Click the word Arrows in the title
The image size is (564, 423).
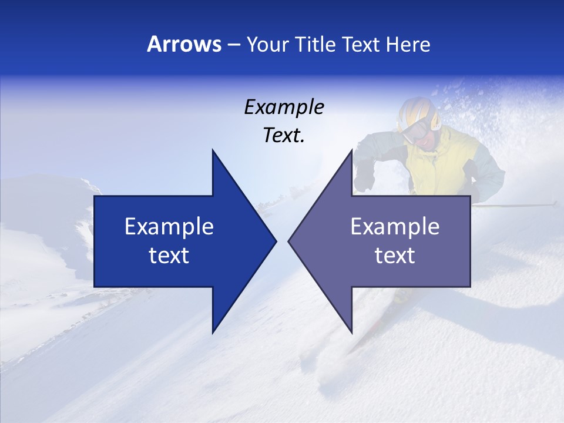tap(184, 45)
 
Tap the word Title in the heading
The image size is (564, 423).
tap(314, 45)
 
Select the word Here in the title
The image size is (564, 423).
tap(408, 45)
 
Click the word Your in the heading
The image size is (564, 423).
tap(268, 45)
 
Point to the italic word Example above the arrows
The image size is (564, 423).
tap(284, 108)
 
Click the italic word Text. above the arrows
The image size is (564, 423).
tap(284, 136)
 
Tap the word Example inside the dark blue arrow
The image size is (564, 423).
tap(169, 227)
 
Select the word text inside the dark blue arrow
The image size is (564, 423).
tap(169, 256)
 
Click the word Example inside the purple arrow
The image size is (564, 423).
tap(395, 227)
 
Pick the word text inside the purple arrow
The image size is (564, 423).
tap(395, 256)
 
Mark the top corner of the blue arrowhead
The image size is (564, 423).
tap(213, 150)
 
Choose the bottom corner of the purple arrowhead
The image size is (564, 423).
tap(352, 333)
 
